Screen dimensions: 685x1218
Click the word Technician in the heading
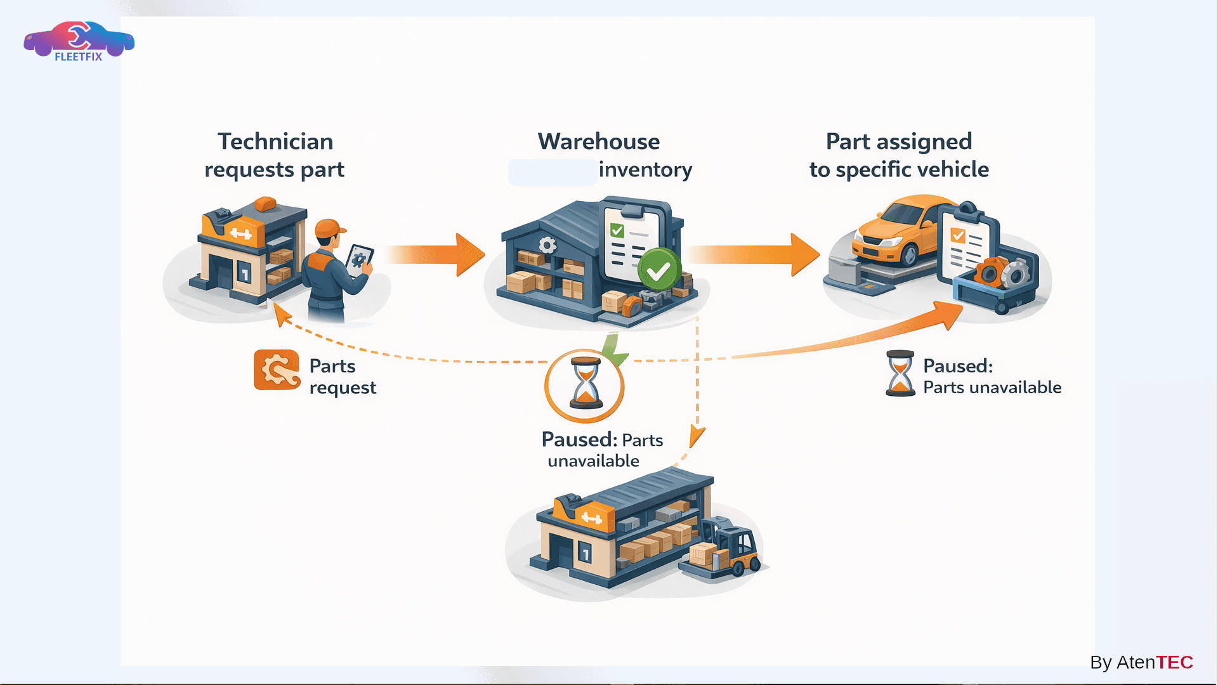(x=275, y=141)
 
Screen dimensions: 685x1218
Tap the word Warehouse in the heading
(x=598, y=141)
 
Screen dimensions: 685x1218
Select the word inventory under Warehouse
(x=645, y=170)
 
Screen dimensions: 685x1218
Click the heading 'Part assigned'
(x=898, y=141)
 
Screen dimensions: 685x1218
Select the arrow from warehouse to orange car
(x=755, y=254)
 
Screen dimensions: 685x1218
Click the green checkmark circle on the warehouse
(x=658, y=271)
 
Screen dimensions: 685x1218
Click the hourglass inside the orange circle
(x=585, y=383)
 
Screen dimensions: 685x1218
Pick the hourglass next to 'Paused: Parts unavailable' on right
(x=900, y=374)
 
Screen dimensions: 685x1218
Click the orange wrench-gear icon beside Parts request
(x=277, y=370)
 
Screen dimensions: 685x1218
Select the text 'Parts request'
(x=342, y=377)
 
